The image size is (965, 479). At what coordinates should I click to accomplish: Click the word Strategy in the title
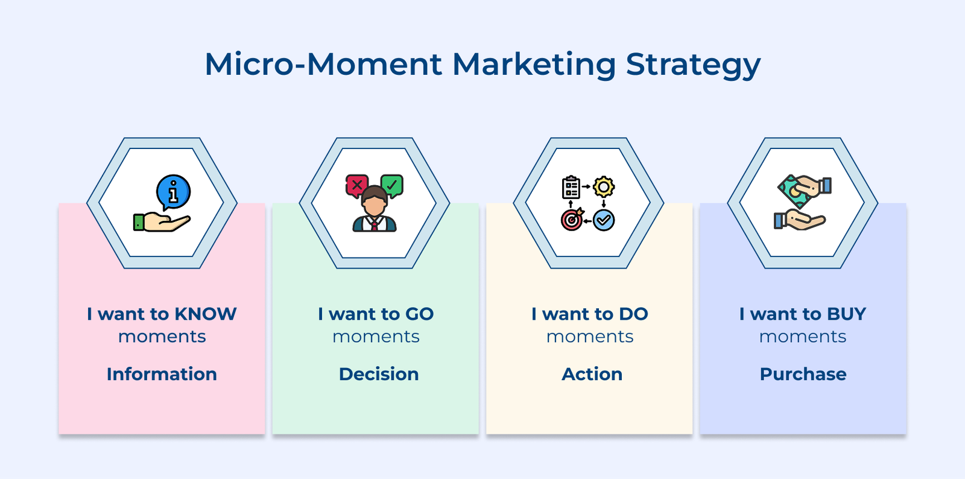coord(693,65)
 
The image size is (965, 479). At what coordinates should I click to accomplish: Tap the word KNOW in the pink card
coord(205,314)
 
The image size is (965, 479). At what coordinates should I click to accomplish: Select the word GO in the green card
coord(419,314)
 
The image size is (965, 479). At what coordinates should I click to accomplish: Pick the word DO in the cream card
coord(633,314)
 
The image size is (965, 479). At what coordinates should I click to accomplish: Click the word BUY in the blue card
coord(846,314)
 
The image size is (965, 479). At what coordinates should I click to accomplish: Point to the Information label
coord(162,374)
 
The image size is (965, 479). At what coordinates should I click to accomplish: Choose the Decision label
coord(379,374)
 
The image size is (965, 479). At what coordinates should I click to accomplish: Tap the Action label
coord(592,374)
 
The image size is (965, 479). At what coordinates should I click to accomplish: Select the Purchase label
coord(803,374)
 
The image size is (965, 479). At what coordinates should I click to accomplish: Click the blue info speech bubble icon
coord(173,192)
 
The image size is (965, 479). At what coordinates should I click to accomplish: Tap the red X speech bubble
coord(356,185)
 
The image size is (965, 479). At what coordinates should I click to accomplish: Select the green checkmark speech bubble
coord(392,185)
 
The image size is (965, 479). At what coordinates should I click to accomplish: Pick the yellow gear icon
coord(604,187)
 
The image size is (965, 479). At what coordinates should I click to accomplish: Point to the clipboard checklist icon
coord(571,188)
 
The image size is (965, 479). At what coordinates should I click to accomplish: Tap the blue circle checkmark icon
coord(604,220)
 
